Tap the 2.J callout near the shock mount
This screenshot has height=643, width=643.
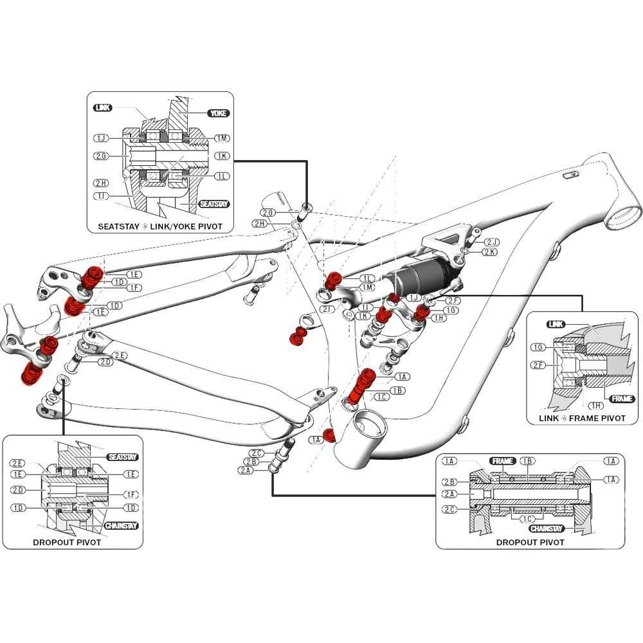pyautogui.click(x=492, y=242)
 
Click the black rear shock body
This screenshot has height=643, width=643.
pyautogui.click(x=421, y=274)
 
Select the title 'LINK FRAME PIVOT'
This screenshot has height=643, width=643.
pyautogui.click(x=583, y=418)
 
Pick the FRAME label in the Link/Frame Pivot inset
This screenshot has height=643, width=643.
pyautogui.click(x=622, y=399)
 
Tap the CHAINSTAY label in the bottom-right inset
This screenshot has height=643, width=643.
pyautogui.click(x=547, y=529)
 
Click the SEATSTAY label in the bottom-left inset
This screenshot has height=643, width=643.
pyautogui.click(x=123, y=457)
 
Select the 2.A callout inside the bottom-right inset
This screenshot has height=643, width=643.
pyautogui.click(x=449, y=494)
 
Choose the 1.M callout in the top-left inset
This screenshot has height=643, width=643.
pyautogui.click(x=222, y=138)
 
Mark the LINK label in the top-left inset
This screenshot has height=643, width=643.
pyautogui.click(x=102, y=107)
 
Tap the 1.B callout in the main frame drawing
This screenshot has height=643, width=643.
pyautogui.click(x=398, y=390)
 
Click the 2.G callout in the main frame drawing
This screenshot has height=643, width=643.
pyautogui.click(x=268, y=212)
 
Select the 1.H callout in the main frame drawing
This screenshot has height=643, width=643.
pyautogui.click(x=439, y=318)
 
